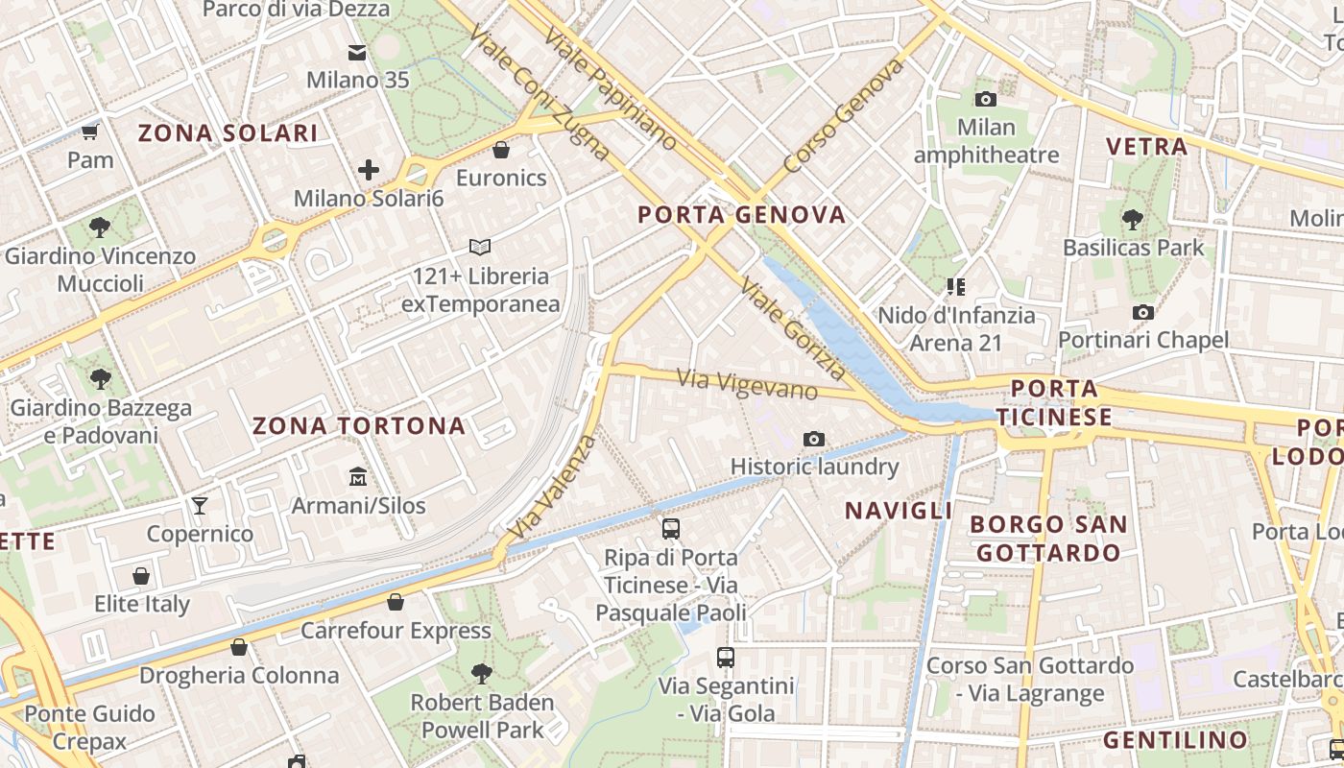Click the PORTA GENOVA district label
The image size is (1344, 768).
742,215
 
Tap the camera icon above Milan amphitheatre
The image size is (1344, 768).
985,99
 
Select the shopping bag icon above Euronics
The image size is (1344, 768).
500,150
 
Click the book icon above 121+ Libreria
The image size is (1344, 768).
480,248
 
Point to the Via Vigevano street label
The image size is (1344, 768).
747,384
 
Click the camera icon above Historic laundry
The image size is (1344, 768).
814,440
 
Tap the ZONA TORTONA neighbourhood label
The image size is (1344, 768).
359,426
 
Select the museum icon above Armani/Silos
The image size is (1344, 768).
358,476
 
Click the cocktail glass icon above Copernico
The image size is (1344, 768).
200,505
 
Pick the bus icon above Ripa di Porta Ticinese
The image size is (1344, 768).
670,529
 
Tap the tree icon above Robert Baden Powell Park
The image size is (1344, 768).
482,674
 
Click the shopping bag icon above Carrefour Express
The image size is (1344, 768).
396,602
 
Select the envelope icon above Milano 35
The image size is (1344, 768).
357,52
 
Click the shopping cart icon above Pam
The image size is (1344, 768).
90,132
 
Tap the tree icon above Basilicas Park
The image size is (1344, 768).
1132,219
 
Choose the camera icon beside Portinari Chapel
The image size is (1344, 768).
1142,312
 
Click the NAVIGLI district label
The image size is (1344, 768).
898,511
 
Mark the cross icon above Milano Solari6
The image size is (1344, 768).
369,171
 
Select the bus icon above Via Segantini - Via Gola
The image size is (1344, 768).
726,658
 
